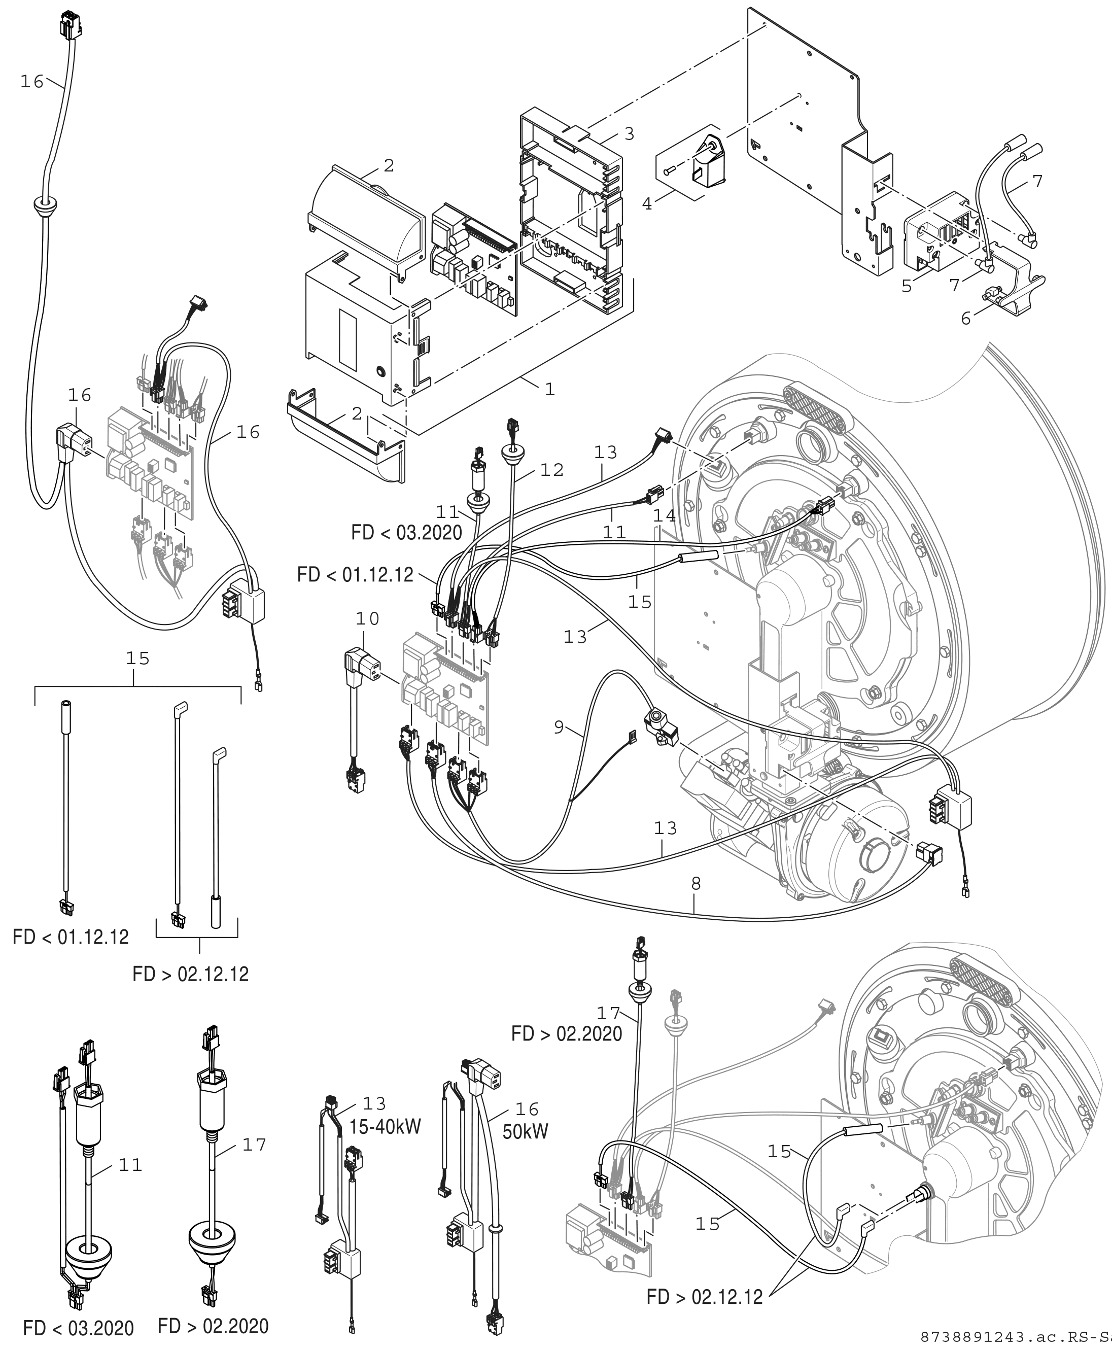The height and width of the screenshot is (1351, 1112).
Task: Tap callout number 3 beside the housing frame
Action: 629,134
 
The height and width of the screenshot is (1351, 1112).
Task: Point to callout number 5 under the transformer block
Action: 907,286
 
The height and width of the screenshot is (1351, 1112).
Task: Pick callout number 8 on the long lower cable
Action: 697,884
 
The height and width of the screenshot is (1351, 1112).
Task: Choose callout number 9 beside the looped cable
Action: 559,727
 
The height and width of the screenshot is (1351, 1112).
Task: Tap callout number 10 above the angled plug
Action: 368,619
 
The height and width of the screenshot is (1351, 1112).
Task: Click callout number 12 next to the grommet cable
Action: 552,470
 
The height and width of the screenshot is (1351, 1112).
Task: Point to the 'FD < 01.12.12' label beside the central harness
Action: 356,575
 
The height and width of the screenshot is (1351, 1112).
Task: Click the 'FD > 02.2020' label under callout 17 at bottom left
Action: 213,1326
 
